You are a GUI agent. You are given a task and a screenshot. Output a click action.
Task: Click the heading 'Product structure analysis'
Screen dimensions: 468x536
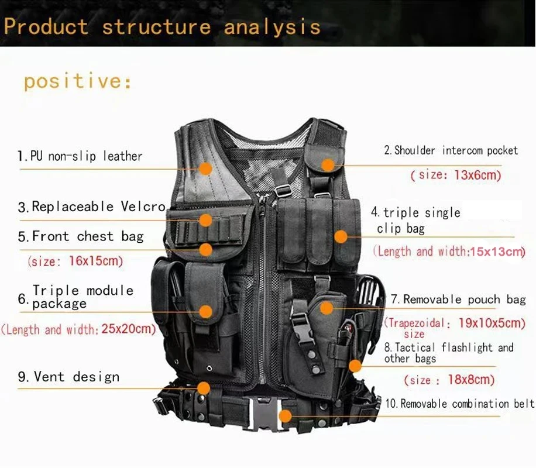pyautogui.click(x=162, y=27)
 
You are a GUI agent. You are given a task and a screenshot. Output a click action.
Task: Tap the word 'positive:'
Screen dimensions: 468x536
pyautogui.click(x=78, y=81)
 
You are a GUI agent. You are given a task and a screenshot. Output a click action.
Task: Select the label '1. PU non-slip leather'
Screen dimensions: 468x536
pyautogui.click(x=80, y=156)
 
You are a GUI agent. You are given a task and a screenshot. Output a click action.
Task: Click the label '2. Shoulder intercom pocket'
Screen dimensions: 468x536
pyautogui.click(x=451, y=150)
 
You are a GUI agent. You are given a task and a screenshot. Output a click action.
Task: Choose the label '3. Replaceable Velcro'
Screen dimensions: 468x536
pyautogui.click(x=92, y=207)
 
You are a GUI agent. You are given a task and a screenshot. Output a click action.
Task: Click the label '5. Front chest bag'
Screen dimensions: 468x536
pyautogui.click(x=81, y=236)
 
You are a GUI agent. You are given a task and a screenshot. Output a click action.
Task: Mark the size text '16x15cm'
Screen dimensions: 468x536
pyautogui.click(x=96, y=261)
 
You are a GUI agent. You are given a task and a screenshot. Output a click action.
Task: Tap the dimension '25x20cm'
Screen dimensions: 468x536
pyautogui.click(x=128, y=329)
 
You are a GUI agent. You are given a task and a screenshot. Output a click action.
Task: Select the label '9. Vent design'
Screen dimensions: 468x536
pyautogui.click(x=68, y=377)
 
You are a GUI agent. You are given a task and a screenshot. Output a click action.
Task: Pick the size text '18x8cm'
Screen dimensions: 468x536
pyautogui.click(x=471, y=379)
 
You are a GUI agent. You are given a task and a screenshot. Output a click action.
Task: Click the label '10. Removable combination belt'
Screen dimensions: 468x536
pyautogui.click(x=459, y=404)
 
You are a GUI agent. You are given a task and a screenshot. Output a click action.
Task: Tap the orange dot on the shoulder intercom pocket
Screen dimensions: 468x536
pyautogui.click(x=328, y=166)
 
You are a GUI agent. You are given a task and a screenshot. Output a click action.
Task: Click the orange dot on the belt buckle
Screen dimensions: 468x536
pyautogui.click(x=285, y=415)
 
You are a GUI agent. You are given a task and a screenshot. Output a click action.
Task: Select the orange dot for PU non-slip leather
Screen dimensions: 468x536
pyautogui.click(x=205, y=168)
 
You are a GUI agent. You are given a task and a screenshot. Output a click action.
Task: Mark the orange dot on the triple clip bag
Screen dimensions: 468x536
pyautogui.click(x=341, y=236)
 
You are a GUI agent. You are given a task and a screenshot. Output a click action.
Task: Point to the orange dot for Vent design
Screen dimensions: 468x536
pyautogui.click(x=204, y=387)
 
